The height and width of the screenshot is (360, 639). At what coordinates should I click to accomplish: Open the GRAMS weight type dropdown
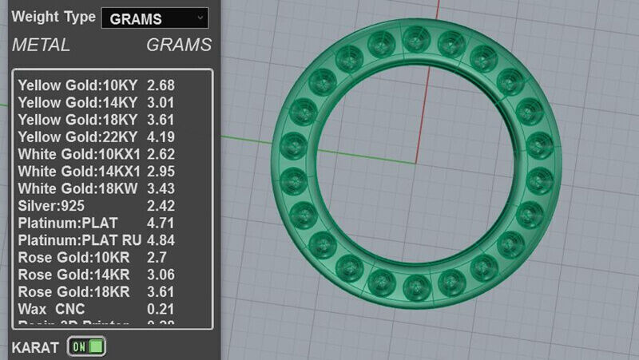pos(154,18)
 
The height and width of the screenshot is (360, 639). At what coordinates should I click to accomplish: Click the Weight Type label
pos(54,17)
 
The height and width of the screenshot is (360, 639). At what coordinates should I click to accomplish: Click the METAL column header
pos(41,45)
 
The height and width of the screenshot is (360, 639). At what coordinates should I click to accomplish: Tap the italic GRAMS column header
pos(179,45)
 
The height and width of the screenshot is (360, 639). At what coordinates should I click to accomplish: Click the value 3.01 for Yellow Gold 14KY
pos(161,102)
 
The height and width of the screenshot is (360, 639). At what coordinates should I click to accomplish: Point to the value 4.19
pos(161,136)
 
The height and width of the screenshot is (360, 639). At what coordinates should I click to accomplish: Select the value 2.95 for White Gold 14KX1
pos(161,171)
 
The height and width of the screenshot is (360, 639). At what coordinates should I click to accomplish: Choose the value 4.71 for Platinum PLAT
pos(161,223)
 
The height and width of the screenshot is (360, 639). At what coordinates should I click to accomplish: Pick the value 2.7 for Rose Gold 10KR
pos(157,257)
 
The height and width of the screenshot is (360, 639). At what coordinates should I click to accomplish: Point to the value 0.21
pos(161,308)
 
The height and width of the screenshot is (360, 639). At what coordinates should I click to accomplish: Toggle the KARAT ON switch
pos(87,346)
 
